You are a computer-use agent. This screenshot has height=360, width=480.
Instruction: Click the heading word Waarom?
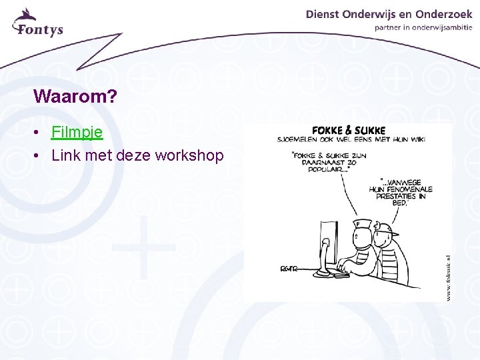pyautogui.click(x=75, y=97)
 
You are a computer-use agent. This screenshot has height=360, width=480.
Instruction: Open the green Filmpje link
pyautogui.click(x=77, y=132)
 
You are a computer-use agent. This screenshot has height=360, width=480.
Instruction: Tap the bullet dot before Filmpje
pyautogui.click(x=39, y=133)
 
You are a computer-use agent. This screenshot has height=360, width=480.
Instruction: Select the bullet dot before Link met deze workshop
pyautogui.click(x=39, y=156)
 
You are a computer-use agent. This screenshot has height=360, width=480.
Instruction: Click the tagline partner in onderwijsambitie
pyautogui.click(x=423, y=28)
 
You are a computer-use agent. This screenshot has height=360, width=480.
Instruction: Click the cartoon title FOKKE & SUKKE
pyautogui.click(x=349, y=130)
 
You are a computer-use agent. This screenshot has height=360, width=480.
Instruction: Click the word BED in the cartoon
pyautogui.click(x=398, y=204)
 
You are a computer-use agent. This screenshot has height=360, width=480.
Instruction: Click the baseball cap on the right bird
pyautogui.click(x=385, y=231)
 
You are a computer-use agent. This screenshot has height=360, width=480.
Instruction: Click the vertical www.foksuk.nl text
pyautogui.click(x=448, y=276)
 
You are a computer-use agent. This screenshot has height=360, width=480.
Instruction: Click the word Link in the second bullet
pyautogui.click(x=65, y=155)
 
